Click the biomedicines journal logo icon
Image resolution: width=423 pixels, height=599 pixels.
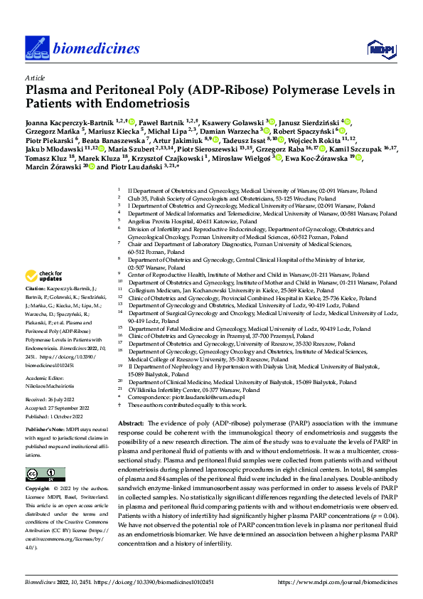pyautogui.click(x=35, y=47)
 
